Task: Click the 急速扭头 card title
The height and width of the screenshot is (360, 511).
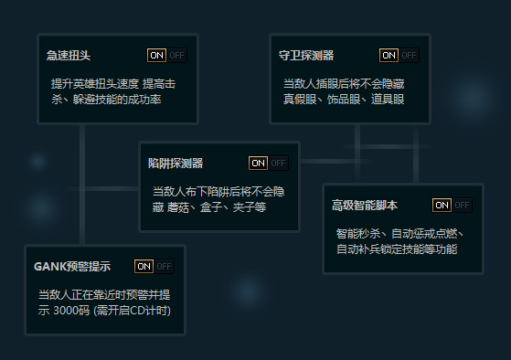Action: [69, 55]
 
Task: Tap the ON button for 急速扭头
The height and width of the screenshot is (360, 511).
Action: [156, 55]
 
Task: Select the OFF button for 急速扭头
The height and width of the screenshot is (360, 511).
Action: [176, 55]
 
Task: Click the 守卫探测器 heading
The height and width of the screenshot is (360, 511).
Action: [305, 55]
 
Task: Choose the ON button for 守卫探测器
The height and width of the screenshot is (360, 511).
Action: [389, 55]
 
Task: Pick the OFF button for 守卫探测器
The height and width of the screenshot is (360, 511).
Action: [409, 55]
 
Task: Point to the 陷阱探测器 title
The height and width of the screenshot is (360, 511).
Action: [176, 163]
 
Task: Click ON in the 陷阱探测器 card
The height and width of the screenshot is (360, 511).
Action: [258, 163]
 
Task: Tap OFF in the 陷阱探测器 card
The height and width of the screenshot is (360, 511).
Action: [278, 163]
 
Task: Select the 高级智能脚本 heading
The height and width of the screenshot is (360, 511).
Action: [365, 205]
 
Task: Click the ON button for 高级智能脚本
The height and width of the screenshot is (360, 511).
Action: [442, 205]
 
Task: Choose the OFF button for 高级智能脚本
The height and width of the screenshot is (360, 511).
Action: [463, 205]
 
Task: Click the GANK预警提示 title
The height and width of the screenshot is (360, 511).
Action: [72, 266]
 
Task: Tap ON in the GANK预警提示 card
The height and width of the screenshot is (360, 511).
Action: [144, 266]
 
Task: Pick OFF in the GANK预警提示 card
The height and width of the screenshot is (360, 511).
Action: [164, 266]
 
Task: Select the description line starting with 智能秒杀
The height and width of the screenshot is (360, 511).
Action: [401, 233]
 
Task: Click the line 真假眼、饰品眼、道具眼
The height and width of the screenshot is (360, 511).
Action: [343, 98]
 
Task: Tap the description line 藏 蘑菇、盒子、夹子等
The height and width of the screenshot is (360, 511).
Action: [209, 206]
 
